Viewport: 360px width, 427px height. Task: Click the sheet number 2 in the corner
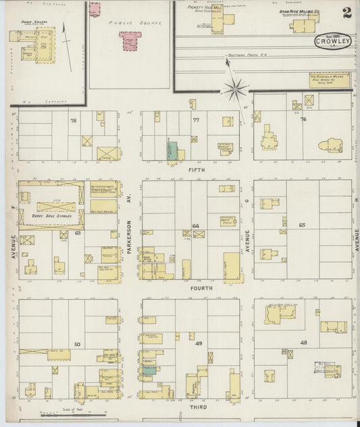click(346, 11)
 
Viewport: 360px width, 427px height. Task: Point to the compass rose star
click(236, 86)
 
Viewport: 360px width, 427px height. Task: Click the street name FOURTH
click(202, 288)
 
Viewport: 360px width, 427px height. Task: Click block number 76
click(303, 120)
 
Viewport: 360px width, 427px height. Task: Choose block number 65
click(302, 224)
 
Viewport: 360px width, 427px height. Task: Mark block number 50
click(77, 345)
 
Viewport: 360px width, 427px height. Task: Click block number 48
click(303, 343)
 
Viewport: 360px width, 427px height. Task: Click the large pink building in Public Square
click(128, 42)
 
